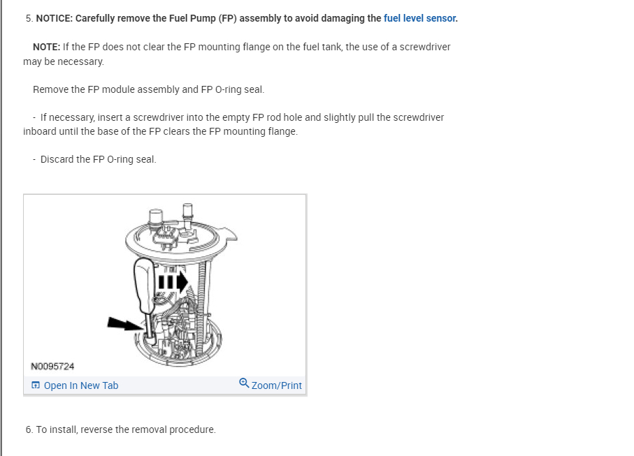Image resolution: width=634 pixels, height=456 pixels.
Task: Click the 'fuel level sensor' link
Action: click(419, 18)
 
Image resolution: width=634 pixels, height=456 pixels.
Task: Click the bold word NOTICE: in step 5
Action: click(55, 18)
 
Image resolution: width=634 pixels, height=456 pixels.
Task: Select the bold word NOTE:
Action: click(47, 47)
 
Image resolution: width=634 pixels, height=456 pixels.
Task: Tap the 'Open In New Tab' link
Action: click(81, 385)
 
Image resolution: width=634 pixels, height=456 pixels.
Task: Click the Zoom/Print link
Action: click(277, 385)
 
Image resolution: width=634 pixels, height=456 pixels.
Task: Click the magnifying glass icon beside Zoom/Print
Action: click(244, 383)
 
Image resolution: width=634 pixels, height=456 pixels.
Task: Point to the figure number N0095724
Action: click(52, 367)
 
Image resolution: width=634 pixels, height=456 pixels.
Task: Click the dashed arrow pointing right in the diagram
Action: click(173, 281)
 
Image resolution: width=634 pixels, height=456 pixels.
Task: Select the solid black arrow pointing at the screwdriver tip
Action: click(126, 324)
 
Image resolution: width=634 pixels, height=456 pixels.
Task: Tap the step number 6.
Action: click(29, 429)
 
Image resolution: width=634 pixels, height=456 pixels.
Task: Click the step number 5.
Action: click(29, 18)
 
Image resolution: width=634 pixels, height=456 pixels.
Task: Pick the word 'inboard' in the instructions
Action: click(39, 131)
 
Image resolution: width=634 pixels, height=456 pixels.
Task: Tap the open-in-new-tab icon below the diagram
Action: click(36, 385)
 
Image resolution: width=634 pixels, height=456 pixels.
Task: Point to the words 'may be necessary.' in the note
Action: click(64, 61)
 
